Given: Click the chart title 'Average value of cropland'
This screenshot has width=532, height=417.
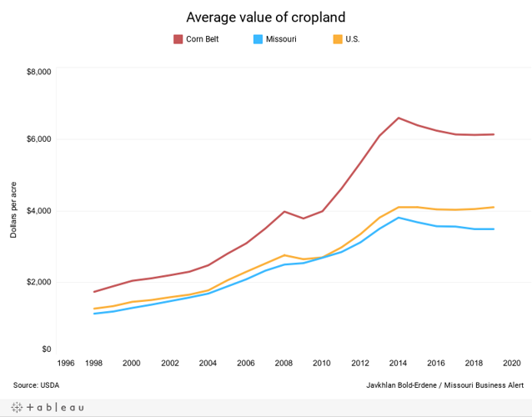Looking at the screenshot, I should pyautogui.click(x=265, y=17).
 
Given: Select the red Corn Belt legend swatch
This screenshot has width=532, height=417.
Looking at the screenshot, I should pyautogui.click(x=178, y=39).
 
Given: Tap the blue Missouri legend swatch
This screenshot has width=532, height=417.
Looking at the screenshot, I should pyautogui.click(x=258, y=39).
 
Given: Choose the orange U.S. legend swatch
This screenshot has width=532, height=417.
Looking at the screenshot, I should pyautogui.click(x=338, y=39).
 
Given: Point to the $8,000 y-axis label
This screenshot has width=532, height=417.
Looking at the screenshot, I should pyautogui.click(x=38, y=73).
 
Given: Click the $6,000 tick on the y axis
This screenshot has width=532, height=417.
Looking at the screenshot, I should pyautogui.click(x=38, y=139).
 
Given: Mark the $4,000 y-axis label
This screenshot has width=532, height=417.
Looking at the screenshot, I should pyautogui.click(x=38, y=211).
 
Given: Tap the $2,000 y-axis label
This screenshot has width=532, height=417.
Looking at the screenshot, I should pyautogui.click(x=38, y=282).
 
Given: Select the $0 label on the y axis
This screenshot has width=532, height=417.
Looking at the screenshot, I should pyautogui.click(x=46, y=349).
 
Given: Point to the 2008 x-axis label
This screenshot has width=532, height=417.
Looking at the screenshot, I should pyautogui.click(x=284, y=364).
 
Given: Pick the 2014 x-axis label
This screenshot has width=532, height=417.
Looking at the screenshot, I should pyautogui.click(x=399, y=364).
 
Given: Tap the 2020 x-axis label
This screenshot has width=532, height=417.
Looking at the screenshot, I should pyautogui.click(x=512, y=364).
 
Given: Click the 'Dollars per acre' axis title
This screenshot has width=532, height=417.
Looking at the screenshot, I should pyautogui.click(x=14, y=208).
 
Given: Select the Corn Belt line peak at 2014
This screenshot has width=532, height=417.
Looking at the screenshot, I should pyautogui.click(x=399, y=118).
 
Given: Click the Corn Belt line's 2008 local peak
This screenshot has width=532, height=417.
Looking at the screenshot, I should pyautogui.click(x=284, y=211).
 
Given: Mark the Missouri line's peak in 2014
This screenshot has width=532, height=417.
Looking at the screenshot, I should pyautogui.click(x=399, y=218).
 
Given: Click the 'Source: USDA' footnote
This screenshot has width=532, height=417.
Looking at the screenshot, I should pyautogui.click(x=36, y=385).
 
